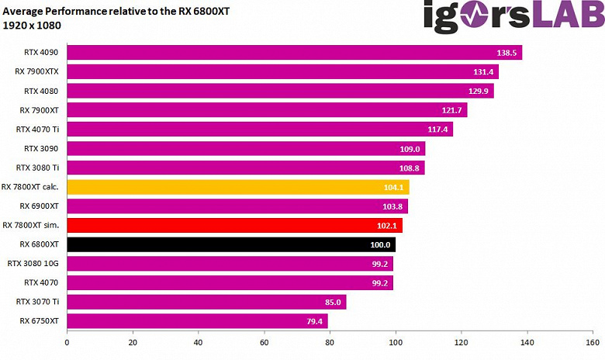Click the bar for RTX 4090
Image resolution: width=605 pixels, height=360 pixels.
pos(295,53)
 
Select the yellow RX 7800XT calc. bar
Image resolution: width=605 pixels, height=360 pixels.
pos(238,187)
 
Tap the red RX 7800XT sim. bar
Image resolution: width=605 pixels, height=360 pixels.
pos(234,225)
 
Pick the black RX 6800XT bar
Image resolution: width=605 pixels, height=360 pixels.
pos(231,244)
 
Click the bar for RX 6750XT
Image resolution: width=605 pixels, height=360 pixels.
pos(197,320)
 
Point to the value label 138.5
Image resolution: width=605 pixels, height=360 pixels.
pos(506,53)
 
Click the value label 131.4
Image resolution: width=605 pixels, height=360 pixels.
pos(483,72)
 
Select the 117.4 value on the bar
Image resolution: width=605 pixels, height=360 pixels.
pos(437,130)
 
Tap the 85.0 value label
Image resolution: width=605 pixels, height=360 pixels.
pos(331,302)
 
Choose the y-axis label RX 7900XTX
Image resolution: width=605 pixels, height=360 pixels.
pos(37,72)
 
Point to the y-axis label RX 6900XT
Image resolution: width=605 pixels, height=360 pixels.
pos(40,206)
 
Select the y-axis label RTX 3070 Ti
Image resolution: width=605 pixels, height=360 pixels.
pos(38,302)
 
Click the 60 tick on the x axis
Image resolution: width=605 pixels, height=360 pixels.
pos(264,342)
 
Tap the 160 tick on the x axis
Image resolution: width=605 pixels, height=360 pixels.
pos(592,342)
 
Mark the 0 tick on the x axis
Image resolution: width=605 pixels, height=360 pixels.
pos(67,342)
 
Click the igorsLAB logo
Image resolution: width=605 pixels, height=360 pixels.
pos(512,17)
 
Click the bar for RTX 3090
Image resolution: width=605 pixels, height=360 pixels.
pos(246,149)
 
